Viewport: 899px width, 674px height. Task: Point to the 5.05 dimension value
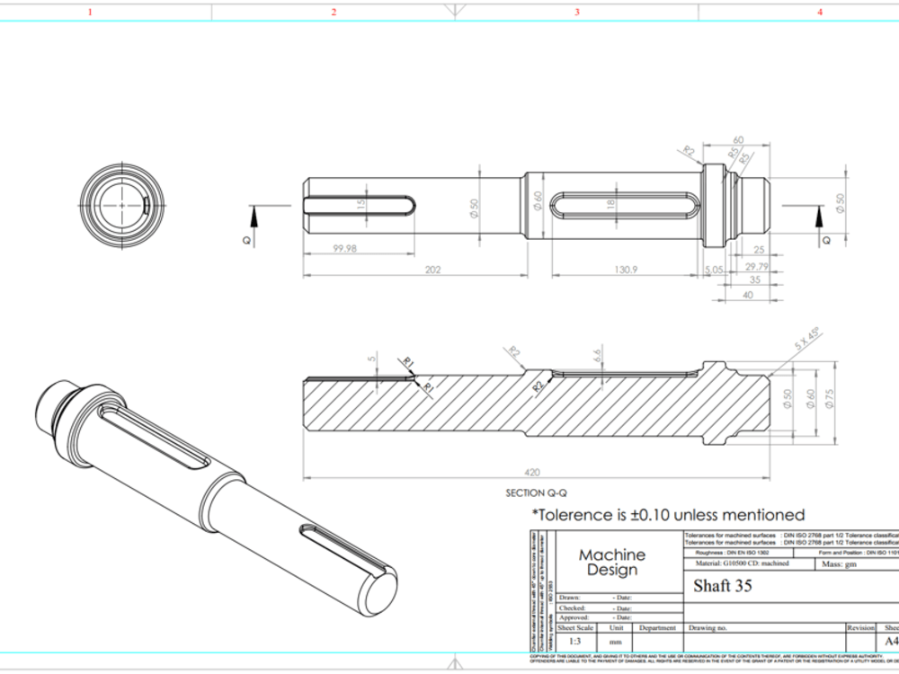(715, 269)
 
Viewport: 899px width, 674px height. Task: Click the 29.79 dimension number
(757, 267)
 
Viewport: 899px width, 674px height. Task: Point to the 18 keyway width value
(611, 205)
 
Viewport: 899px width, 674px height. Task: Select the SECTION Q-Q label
(537, 492)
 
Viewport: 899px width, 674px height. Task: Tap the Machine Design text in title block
(611, 563)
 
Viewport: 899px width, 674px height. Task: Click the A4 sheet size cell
(891, 642)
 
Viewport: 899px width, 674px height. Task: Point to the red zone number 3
(577, 12)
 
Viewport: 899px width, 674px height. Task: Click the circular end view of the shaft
(122, 206)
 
